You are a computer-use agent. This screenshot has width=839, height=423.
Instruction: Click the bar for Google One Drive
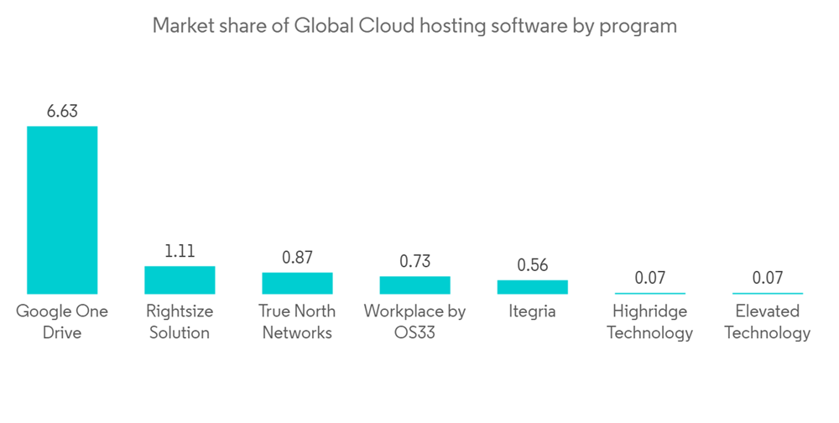[x=62, y=210]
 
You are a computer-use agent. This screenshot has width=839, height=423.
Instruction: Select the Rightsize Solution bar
[x=180, y=279]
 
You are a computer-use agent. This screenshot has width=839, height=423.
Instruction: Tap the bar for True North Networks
[x=297, y=283]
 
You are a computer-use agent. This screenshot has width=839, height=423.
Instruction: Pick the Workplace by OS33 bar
[x=414, y=285]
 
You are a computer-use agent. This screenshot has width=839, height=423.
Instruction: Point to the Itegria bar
[x=532, y=287]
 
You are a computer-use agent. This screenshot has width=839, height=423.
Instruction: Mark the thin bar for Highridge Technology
[x=649, y=293]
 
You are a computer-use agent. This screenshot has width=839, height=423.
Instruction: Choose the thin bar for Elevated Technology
[x=767, y=293]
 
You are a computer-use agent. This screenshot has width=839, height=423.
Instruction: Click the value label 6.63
[x=62, y=111]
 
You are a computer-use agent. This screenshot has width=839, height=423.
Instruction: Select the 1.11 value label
[x=180, y=250]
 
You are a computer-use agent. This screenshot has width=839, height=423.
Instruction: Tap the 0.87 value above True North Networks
[x=297, y=257]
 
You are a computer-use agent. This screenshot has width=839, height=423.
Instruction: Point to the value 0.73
[x=414, y=261]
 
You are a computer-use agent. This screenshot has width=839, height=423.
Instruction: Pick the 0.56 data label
[x=532, y=265]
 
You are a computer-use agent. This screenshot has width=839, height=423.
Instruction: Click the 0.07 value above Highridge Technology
[x=649, y=278]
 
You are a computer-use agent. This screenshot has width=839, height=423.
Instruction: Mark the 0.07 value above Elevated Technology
[x=767, y=278]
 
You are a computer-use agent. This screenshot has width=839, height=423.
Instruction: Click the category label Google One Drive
[x=62, y=321]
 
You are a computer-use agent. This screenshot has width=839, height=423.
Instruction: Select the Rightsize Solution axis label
[x=180, y=321]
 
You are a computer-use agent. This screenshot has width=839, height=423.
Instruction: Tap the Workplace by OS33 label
[x=414, y=321]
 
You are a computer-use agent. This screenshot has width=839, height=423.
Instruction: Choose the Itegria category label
[x=532, y=311]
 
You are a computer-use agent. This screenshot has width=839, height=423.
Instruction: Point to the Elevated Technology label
[x=767, y=321]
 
